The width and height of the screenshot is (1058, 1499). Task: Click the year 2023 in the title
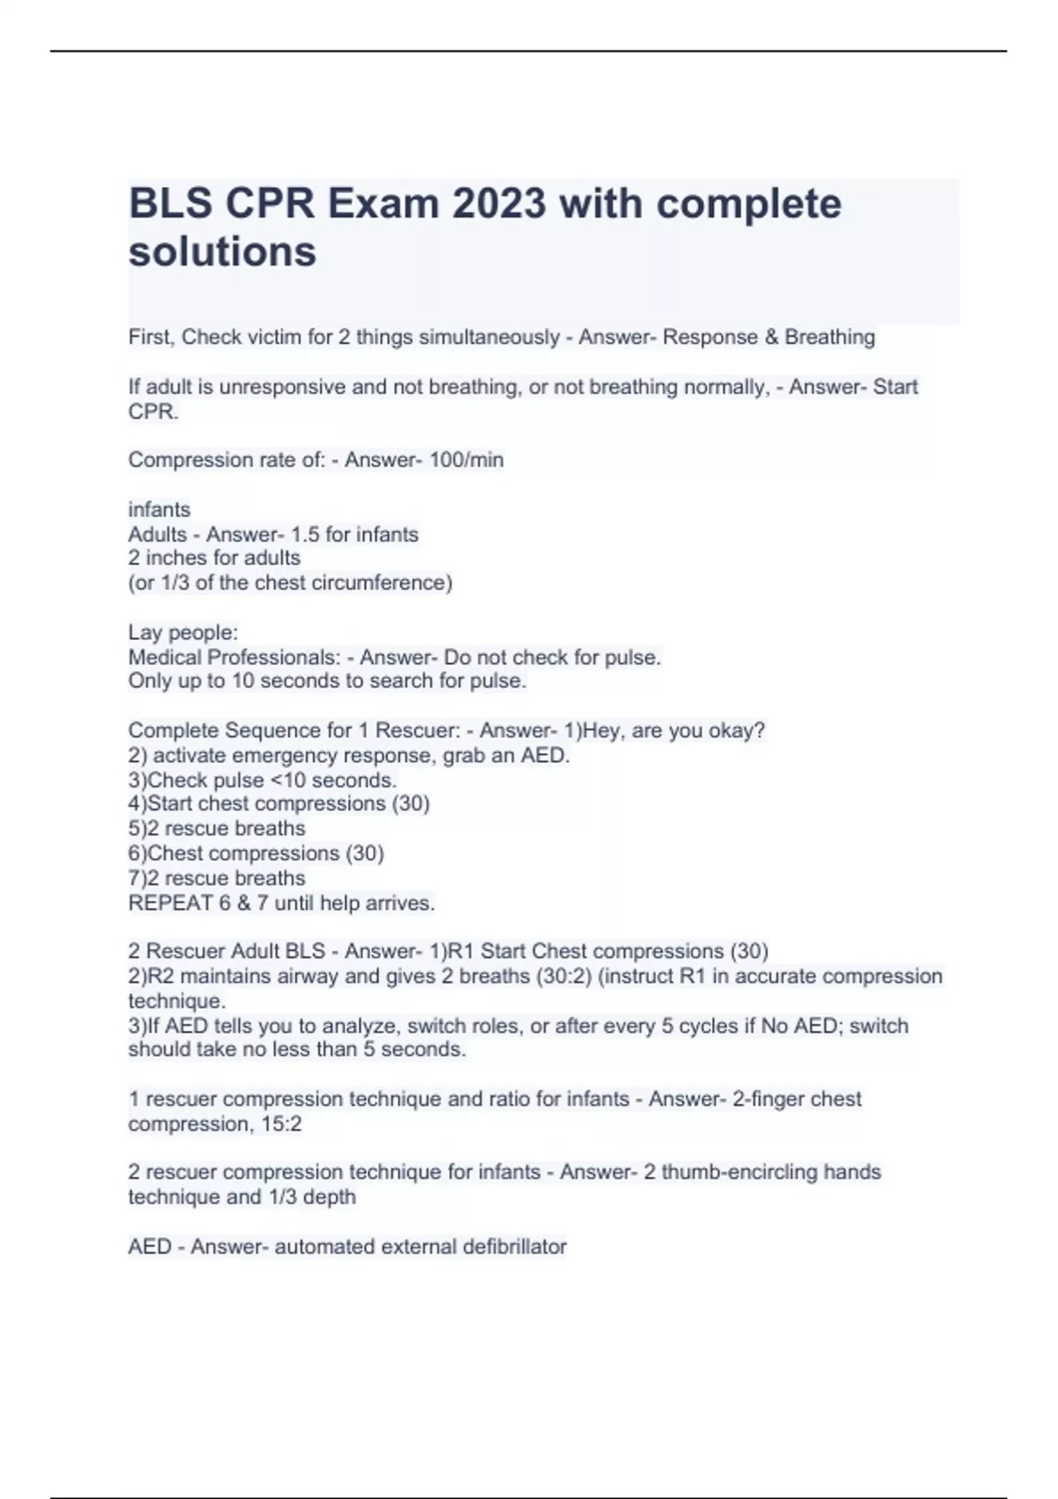pos(499,205)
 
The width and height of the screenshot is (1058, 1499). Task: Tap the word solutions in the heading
pos(222,252)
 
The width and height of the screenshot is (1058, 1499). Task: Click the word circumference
pos(384,583)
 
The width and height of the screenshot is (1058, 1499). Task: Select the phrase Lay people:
pos(183,633)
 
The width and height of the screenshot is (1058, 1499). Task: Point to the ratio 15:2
pos(282,1124)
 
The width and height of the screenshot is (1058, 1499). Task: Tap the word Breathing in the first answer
pos(830,338)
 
